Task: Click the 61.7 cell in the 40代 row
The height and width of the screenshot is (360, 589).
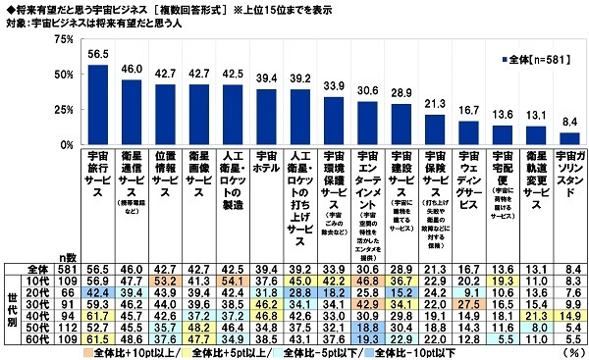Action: click(x=98, y=316)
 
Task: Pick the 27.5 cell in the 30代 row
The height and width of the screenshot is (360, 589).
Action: click(x=466, y=303)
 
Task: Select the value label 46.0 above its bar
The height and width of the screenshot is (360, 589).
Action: click(x=132, y=70)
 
